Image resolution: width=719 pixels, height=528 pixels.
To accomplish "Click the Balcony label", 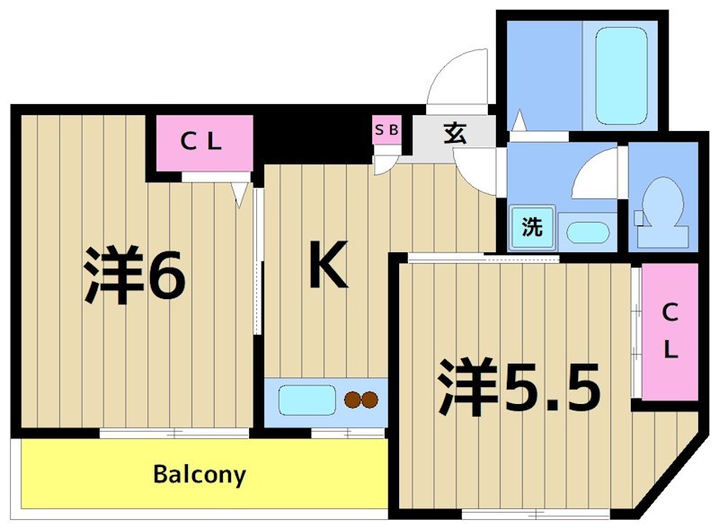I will coord(199,474).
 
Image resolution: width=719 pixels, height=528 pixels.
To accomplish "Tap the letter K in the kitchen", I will coord(328,265).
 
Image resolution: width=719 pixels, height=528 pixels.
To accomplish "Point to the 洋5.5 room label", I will coord(519,387).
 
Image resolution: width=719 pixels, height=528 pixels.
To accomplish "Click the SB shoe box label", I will coord(386,129).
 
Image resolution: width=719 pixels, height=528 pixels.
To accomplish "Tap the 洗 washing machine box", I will coord(533,227).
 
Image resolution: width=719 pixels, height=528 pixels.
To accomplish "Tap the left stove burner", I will coord(351,400).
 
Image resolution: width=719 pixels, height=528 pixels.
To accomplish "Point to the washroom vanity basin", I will coord(588,230).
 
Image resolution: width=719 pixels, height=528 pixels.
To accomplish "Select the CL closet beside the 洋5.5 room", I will coord(670,331).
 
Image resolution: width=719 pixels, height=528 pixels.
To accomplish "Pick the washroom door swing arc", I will coord(593,175).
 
